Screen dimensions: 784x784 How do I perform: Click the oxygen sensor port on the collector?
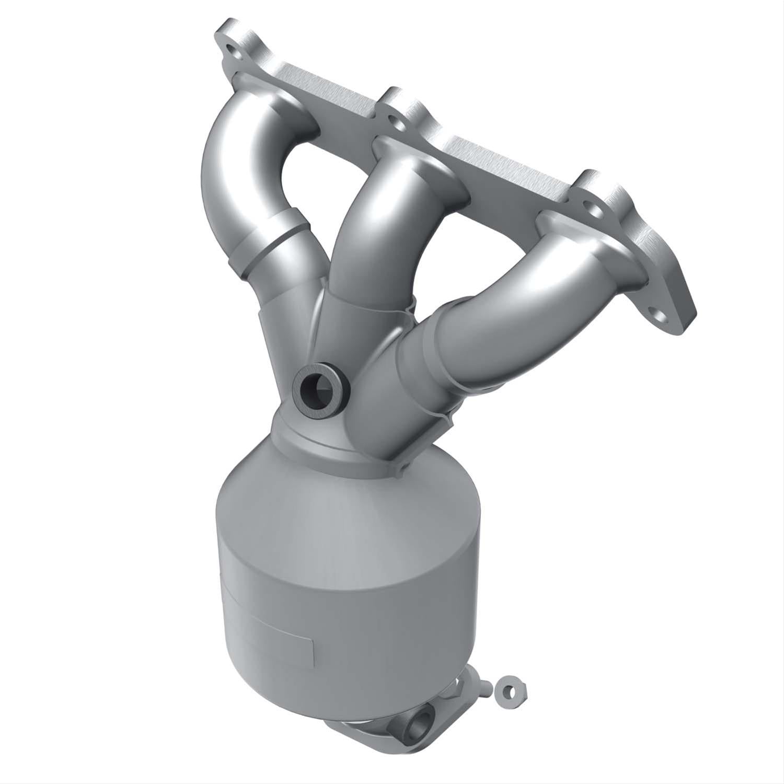point(317,387)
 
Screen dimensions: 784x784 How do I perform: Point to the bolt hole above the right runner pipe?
point(587,206)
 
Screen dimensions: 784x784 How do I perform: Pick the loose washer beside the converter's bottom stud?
point(509,690)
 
